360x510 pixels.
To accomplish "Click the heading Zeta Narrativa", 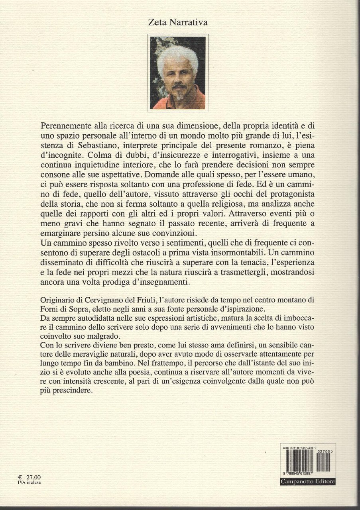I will [x=179, y=23].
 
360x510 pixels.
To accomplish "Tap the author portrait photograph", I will [x=179, y=73].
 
